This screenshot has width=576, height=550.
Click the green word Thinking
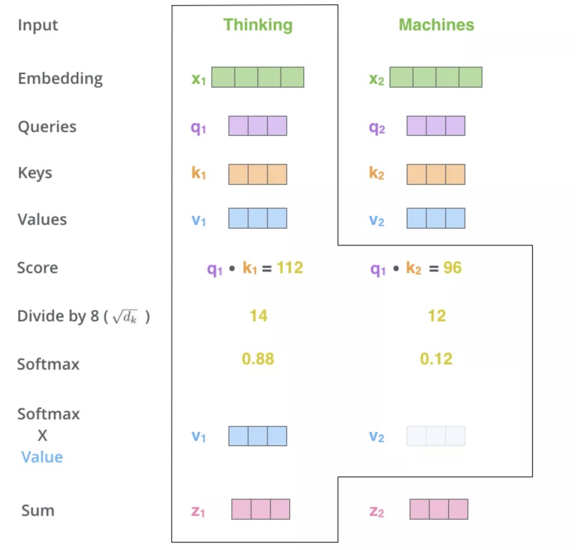(x=258, y=26)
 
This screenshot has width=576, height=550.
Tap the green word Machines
(x=436, y=25)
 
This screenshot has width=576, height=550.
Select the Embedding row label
(x=60, y=79)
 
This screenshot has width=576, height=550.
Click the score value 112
(x=290, y=268)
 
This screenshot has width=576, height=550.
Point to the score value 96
(x=452, y=268)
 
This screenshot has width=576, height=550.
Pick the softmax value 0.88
(x=258, y=359)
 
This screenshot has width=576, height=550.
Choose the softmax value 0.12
(x=436, y=359)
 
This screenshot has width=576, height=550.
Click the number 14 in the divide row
(x=258, y=316)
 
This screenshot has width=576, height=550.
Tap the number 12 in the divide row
(x=437, y=316)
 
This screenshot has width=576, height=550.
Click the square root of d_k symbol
(x=125, y=317)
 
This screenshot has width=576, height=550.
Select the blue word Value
(x=42, y=457)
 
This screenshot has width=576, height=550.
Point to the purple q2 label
(x=377, y=127)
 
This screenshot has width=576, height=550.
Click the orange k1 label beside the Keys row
(x=198, y=173)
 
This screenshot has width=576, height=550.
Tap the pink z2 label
(x=377, y=511)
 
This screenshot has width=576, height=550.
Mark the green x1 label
(x=199, y=79)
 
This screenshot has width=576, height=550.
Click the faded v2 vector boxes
(x=436, y=436)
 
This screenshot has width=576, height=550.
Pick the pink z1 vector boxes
(x=260, y=509)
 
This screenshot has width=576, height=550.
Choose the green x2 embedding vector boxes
(x=436, y=77)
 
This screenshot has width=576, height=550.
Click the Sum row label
(x=38, y=511)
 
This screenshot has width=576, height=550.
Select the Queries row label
(x=47, y=127)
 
